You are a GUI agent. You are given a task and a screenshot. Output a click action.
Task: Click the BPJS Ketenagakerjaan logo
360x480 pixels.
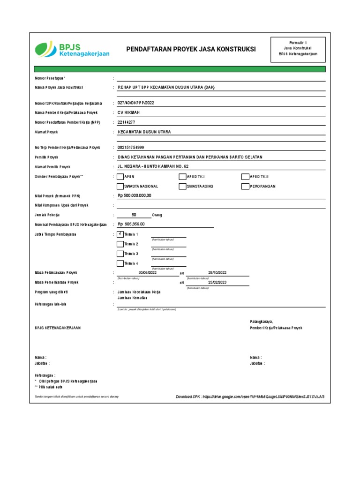point(72,49)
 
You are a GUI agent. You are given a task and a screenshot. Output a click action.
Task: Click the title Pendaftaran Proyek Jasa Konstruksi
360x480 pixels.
point(191,49)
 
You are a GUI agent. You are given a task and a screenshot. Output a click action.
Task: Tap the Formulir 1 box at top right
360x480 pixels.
point(298,48)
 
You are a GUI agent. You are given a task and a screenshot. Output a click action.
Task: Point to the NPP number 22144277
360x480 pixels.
point(126,122)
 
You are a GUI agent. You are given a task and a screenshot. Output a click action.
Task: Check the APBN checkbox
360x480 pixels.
point(120,177)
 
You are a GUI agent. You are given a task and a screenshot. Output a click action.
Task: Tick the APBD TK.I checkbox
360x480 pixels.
point(182,177)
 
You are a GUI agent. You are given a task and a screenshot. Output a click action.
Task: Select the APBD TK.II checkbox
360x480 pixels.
point(245,177)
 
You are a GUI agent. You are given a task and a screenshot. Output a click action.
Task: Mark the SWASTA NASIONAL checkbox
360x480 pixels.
point(120,186)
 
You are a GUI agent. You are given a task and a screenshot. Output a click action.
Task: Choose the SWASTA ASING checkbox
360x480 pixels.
point(182,186)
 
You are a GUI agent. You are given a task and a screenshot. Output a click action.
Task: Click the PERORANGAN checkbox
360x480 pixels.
point(245,186)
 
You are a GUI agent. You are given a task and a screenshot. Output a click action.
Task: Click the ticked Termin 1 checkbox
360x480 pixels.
point(120,234)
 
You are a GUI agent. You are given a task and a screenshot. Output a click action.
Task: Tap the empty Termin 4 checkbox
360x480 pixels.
point(120,263)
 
